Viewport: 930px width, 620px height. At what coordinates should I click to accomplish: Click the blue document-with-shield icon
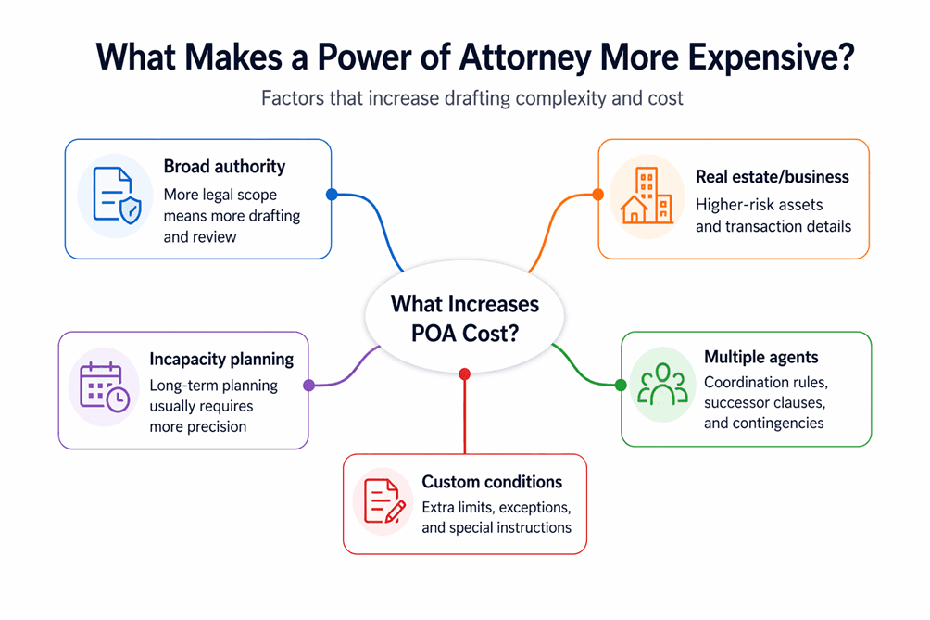click(x=116, y=196)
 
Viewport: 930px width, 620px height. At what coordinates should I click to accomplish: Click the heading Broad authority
click(x=224, y=167)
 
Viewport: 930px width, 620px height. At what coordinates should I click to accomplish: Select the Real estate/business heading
click(x=772, y=176)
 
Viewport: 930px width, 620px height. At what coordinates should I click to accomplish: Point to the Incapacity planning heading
click(x=221, y=359)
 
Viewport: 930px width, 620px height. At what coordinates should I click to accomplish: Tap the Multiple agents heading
click(x=760, y=357)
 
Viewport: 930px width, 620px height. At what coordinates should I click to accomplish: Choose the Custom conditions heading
click(x=492, y=482)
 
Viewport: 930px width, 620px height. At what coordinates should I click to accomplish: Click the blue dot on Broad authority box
click(x=332, y=195)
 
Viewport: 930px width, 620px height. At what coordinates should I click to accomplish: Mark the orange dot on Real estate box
click(x=597, y=195)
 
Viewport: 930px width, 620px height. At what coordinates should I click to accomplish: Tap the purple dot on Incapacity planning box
click(x=308, y=386)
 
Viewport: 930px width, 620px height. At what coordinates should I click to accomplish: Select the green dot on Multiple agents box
click(x=621, y=386)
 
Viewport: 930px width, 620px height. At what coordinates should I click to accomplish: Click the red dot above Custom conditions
click(x=465, y=373)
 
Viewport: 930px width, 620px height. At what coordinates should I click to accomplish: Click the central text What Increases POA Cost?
click(x=464, y=318)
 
